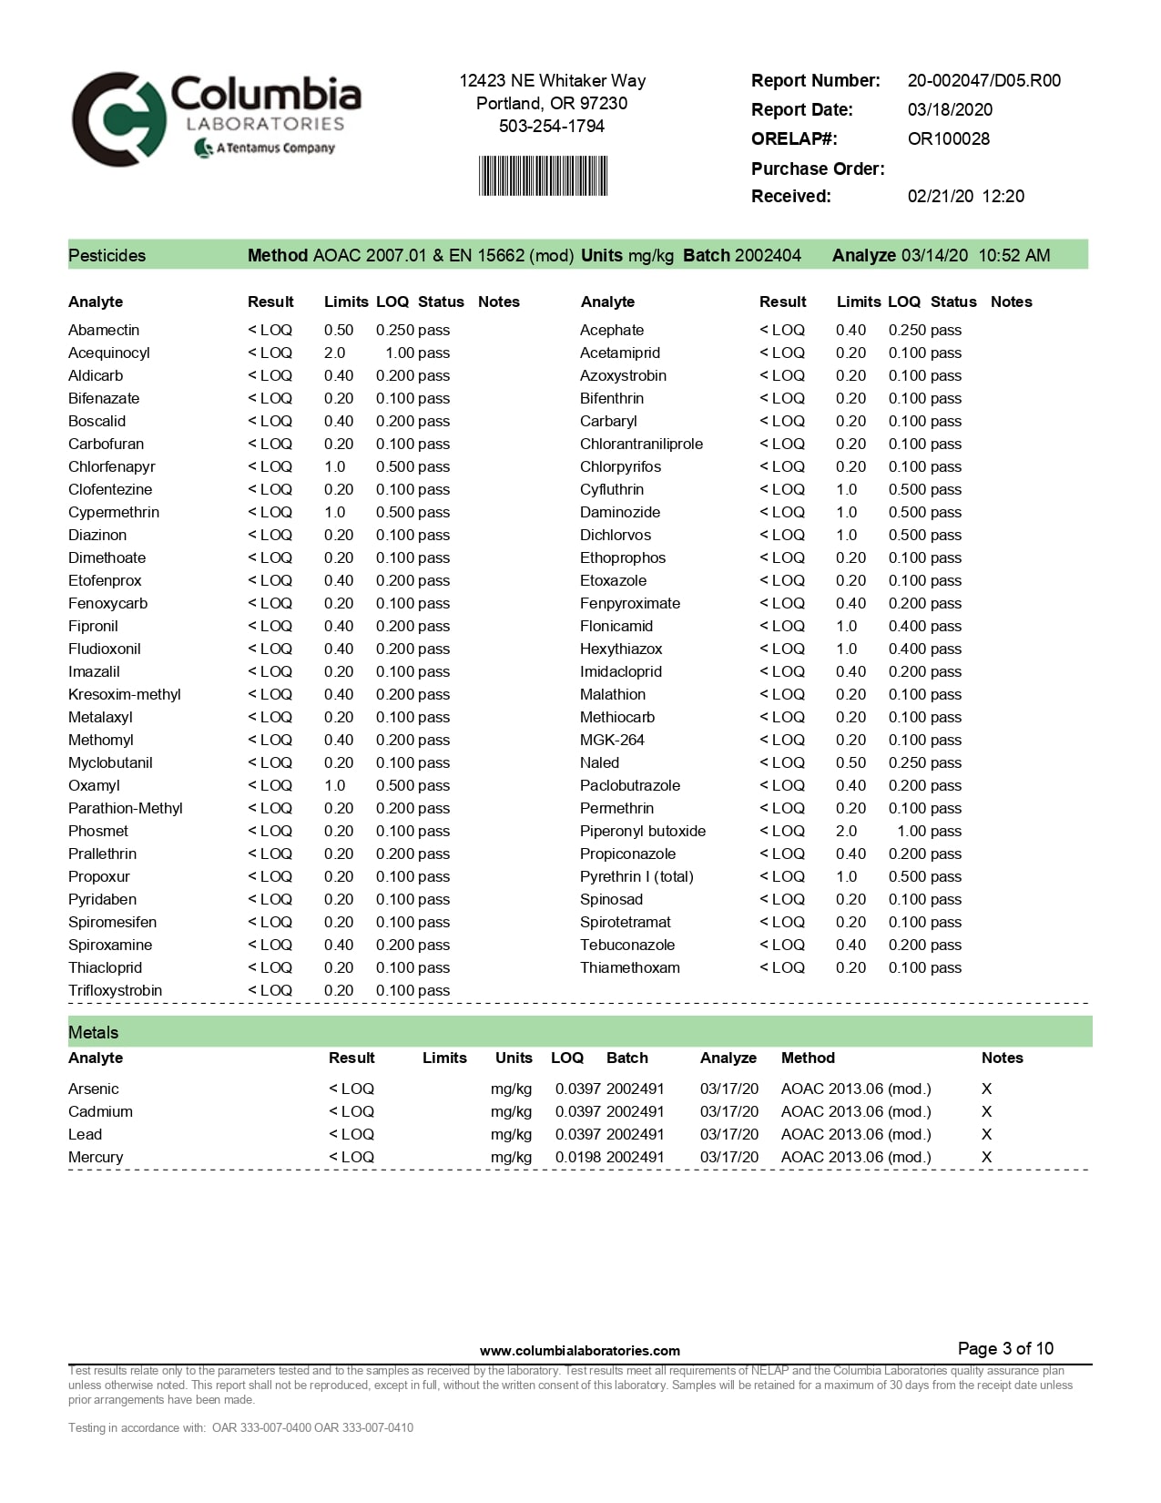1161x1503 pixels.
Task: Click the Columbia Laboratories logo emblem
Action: pos(118,119)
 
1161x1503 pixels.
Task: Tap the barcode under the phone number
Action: pos(543,176)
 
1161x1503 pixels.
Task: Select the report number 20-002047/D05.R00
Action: pos(983,80)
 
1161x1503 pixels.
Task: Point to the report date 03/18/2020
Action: pos(950,109)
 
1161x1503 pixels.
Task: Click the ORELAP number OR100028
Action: pos(948,138)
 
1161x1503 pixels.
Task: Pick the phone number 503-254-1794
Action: pos(551,126)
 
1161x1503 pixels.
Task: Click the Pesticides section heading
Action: pos(107,255)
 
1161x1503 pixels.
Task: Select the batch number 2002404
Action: pos(768,255)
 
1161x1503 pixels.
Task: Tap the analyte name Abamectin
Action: pos(104,330)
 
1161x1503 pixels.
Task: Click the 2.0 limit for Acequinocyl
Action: pos(334,353)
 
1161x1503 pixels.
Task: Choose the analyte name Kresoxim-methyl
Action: pos(125,694)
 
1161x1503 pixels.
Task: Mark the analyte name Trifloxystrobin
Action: pos(115,990)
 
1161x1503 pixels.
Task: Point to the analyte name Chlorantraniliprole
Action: pos(641,444)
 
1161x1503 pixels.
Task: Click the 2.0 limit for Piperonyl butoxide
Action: pos(846,831)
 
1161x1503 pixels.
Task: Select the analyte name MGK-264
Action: pos(612,740)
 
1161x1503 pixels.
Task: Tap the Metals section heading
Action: pos(93,1032)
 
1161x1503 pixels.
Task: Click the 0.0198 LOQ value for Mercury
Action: pos(578,1157)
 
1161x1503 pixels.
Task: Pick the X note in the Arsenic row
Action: pos(986,1089)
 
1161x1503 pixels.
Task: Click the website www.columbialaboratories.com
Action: pos(579,1351)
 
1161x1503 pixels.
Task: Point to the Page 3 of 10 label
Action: pos(1005,1348)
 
